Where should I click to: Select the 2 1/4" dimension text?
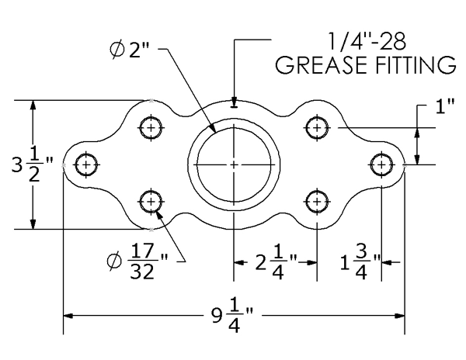coord(276,261)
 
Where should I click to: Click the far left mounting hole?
coord(86,164)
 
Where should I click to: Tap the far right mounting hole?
coord(381,164)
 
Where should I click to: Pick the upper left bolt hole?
coord(151,126)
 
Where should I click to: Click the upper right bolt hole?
coord(315,126)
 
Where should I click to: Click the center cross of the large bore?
coord(234,164)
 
